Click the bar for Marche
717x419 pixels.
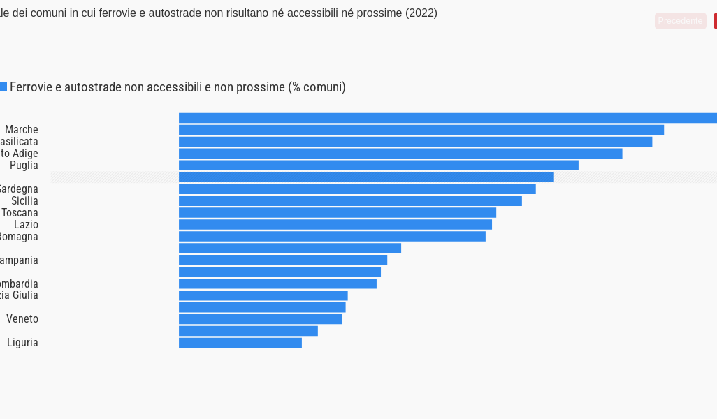coord(421,130)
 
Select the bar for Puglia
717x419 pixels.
coord(379,166)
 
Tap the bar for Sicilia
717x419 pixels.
coord(350,201)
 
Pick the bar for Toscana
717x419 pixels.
coord(338,212)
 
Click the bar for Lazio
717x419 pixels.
coord(335,224)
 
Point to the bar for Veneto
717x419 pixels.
coord(261,319)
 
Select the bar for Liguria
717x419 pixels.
coord(240,343)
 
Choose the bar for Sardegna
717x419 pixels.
coord(357,189)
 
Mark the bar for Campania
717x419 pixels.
coord(283,260)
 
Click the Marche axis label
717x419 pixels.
coord(22,130)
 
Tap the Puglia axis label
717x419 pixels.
coord(24,166)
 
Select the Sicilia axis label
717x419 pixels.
coord(24,201)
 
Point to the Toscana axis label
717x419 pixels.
coord(20,213)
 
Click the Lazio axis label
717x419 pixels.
coord(26,225)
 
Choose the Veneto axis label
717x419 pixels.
coord(22,319)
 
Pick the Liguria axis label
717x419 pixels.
coord(22,343)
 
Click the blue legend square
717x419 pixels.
coord(3,87)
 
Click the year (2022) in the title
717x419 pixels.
coord(421,13)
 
